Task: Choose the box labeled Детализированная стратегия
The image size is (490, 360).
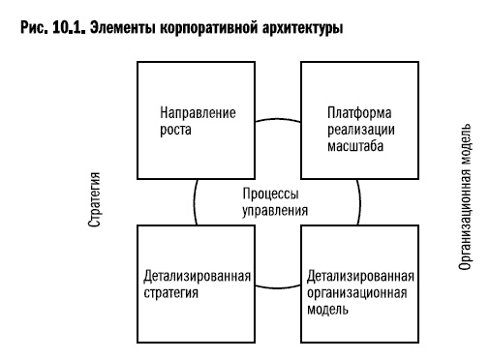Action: point(199,285)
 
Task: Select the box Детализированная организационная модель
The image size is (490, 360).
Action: point(360,285)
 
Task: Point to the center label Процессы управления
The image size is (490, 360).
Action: point(270,201)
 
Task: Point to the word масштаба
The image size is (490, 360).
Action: point(352,147)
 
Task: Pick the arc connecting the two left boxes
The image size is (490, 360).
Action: point(196,201)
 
